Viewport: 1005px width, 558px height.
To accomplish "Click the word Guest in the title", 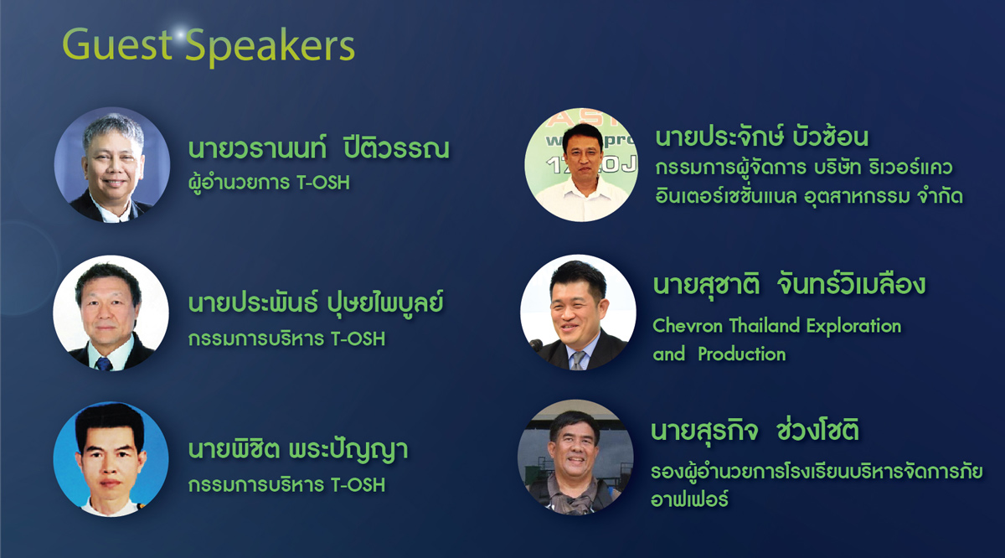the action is point(117,44).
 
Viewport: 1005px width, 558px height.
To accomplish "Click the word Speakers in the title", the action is point(270,47).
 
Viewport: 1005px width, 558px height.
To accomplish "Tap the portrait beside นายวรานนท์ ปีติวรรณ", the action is point(112,165).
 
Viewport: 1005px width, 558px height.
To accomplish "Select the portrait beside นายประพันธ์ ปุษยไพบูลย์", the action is point(111,313).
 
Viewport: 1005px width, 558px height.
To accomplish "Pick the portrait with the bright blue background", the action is point(111,459).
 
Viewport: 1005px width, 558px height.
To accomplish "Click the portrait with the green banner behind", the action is point(582,165).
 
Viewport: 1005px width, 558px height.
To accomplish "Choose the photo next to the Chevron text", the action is point(579,313).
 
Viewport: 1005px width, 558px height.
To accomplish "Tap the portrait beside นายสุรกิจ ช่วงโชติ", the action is point(575,457).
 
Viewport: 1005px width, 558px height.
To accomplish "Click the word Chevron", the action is point(688,326).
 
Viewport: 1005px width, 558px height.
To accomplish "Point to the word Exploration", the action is point(853,327).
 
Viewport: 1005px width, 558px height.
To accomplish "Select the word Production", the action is point(742,354).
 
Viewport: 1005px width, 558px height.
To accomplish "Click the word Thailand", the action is point(765,326).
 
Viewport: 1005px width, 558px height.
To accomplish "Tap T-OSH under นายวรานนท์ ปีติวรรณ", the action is point(323,183).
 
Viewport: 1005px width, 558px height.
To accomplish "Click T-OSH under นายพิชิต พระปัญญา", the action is point(358,485).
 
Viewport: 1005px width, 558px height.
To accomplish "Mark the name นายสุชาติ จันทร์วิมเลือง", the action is point(789,285).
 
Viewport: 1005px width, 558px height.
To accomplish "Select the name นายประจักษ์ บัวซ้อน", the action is point(762,137).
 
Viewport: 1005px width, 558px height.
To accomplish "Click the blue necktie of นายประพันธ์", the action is point(104,363).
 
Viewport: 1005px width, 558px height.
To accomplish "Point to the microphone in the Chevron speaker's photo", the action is point(536,345).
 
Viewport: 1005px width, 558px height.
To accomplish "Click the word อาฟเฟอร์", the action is point(689,499).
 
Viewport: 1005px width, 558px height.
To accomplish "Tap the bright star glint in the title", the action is point(180,34).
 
